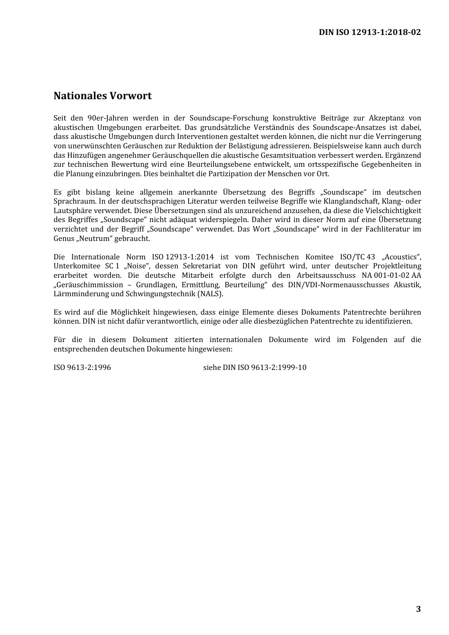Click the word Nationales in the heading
click(x=80, y=96)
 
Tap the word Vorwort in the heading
click(x=130, y=96)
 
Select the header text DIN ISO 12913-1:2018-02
click(x=370, y=32)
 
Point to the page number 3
click(x=418, y=609)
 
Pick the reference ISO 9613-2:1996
click(x=82, y=367)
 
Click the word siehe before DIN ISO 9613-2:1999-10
click(x=212, y=367)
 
